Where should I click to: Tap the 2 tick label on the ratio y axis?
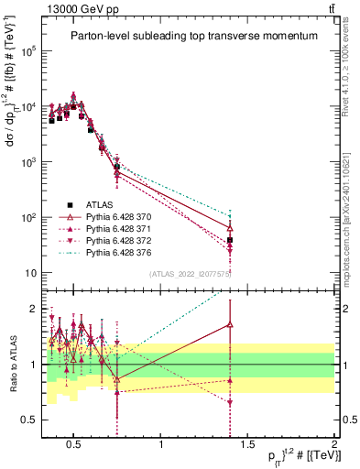coord(33,309)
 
